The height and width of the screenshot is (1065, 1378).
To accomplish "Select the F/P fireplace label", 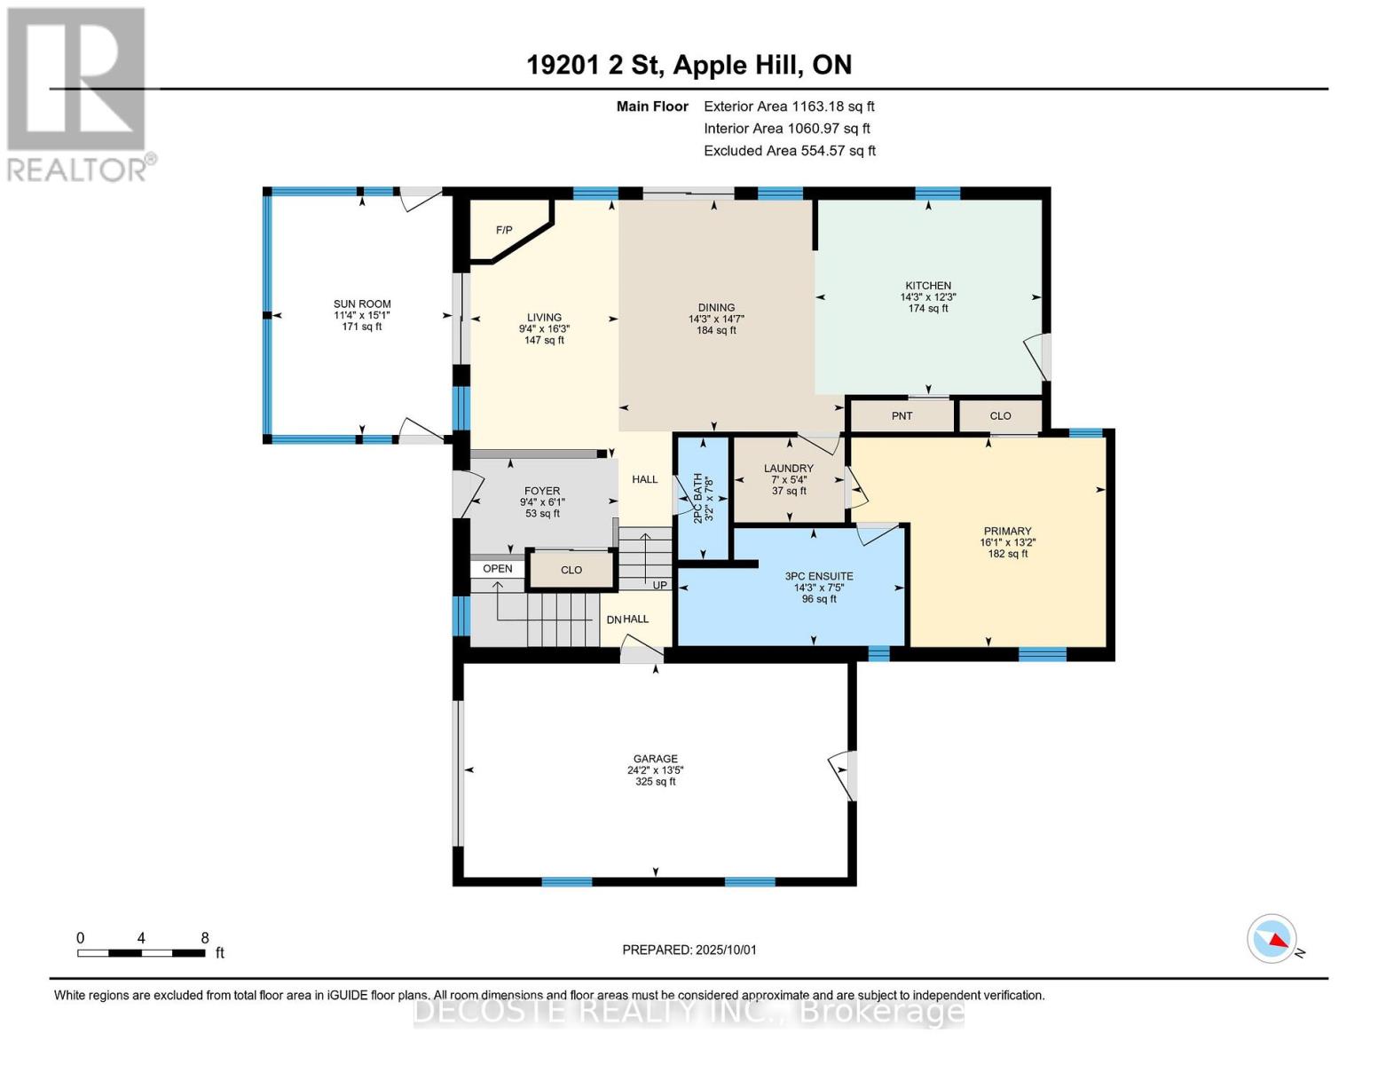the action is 504,230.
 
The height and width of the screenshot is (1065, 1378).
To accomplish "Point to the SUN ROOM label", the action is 362,304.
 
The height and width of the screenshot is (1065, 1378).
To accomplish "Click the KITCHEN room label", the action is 928,286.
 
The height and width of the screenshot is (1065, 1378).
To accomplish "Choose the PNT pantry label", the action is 902,416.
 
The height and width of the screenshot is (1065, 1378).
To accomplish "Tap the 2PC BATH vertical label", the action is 698,498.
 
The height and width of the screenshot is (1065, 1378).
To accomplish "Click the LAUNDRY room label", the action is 788,468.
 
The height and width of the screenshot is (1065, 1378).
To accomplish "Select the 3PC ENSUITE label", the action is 819,576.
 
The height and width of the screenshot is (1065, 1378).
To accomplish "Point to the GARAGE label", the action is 655,759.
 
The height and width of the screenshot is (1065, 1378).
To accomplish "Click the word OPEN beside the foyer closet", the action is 497,569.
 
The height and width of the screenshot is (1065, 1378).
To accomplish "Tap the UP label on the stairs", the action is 660,585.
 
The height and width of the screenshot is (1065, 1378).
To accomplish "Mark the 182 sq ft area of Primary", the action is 1007,554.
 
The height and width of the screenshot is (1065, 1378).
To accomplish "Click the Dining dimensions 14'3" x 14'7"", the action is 716,319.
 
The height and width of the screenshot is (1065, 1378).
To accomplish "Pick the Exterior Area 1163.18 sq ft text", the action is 789,106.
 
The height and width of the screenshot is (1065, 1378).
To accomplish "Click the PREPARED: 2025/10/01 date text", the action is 689,950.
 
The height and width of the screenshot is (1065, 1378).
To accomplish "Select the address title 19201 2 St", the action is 595,65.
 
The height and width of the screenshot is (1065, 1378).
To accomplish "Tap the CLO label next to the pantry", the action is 1000,416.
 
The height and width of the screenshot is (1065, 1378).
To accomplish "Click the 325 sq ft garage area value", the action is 655,782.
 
